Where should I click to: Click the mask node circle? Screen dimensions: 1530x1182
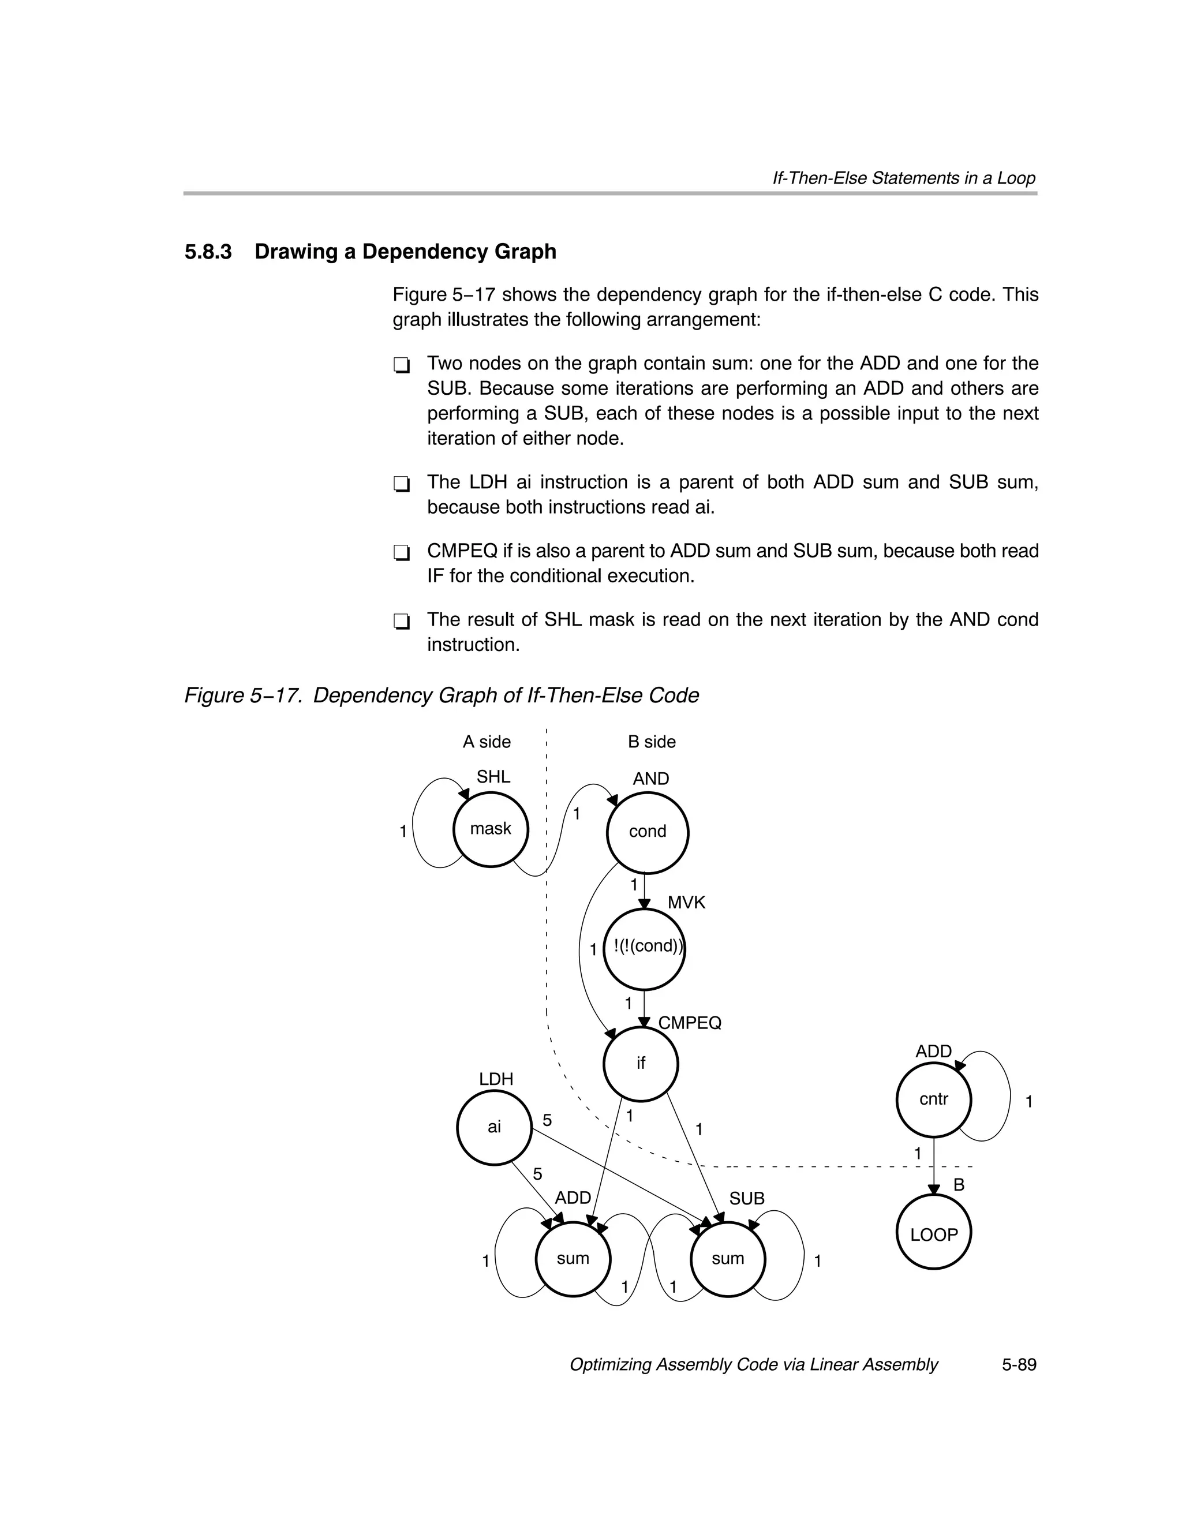click(491, 829)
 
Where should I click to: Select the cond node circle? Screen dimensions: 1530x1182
click(648, 832)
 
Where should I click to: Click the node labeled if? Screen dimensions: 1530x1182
click(641, 1064)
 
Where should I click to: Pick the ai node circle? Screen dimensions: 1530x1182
click(494, 1127)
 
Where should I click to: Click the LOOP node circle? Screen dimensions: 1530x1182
click(933, 1235)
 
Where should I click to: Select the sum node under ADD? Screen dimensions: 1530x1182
click(573, 1259)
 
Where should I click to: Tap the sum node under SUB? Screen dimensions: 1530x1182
click(727, 1259)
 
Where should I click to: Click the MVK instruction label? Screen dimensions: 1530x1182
click(686, 903)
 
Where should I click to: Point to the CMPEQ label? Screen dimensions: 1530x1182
click(690, 1023)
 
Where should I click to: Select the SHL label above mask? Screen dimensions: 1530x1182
click(493, 777)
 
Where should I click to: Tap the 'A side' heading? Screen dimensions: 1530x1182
click(487, 742)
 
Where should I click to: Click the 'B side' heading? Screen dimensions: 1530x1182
click(652, 742)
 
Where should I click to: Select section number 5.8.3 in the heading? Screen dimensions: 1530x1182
click(208, 252)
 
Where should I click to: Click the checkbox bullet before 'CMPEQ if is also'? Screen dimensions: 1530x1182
click(402, 553)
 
